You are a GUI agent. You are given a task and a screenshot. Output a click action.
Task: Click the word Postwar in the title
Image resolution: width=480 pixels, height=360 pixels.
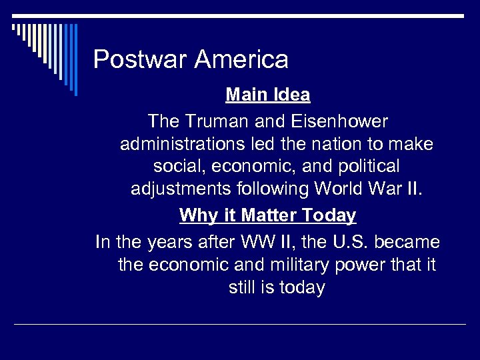pyautogui.click(x=140, y=60)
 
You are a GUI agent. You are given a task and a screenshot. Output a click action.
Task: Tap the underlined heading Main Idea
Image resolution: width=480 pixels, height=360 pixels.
pyautogui.click(x=268, y=95)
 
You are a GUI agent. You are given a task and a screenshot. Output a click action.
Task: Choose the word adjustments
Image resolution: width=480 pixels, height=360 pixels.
pyautogui.click(x=181, y=189)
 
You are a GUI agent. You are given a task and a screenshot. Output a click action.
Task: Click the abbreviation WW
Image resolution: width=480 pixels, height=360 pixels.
pyautogui.click(x=253, y=241)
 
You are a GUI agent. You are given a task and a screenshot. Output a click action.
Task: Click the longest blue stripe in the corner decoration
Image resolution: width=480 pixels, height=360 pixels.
pyautogui.click(x=75, y=60)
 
